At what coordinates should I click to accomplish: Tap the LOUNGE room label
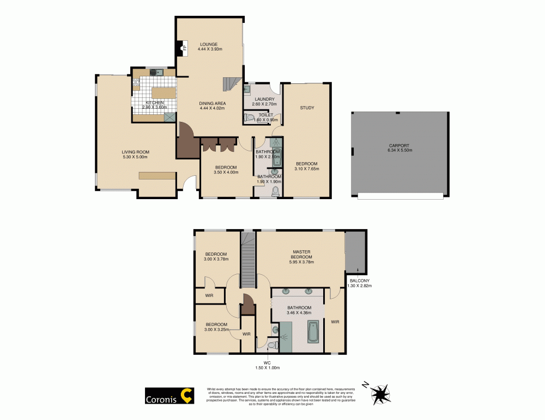[209, 44]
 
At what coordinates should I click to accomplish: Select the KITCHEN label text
[154, 103]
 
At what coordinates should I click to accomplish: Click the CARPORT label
[399, 145]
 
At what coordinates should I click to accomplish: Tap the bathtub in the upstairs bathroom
[313, 332]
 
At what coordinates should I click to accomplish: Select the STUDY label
[307, 108]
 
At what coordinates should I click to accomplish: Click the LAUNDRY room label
[263, 100]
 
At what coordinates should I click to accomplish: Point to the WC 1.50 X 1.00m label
[268, 365]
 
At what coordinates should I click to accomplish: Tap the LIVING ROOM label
[135, 152]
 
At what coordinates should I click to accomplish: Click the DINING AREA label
[213, 103]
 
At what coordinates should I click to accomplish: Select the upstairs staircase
[249, 260]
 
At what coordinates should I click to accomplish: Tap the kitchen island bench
[163, 93]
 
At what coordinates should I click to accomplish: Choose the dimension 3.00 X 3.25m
[217, 330]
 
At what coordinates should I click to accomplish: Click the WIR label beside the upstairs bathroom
[335, 322]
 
